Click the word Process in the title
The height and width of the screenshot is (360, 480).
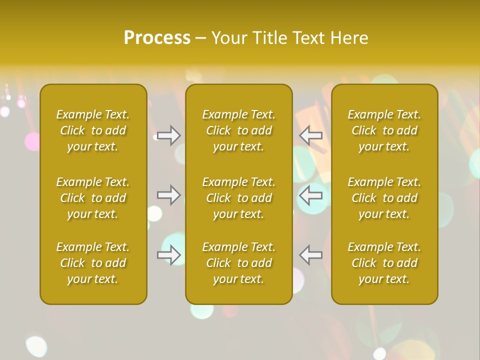pyautogui.click(x=157, y=37)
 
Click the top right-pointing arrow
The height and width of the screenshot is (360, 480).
pyautogui.click(x=169, y=135)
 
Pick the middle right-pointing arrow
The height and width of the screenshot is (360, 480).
pyautogui.click(x=169, y=195)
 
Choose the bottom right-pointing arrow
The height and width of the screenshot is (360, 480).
pyautogui.click(x=169, y=255)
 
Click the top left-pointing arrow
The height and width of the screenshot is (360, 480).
pyautogui.click(x=311, y=135)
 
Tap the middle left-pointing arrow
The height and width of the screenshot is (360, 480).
pyautogui.click(x=311, y=195)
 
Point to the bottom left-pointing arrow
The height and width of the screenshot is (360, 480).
pyautogui.click(x=311, y=255)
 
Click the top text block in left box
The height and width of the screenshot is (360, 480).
pyautogui.click(x=93, y=130)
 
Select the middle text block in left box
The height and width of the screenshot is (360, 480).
pyautogui.click(x=93, y=198)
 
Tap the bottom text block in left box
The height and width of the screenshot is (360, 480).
pyautogui.click(x=93, y=263)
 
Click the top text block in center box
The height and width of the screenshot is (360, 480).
pyautogui.click(x=239, y=130)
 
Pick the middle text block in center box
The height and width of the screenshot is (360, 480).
pyautogui.click(x=239, y=198)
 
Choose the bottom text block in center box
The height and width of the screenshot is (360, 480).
pyautogui.click(x=239, y=263)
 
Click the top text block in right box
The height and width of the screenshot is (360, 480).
pyautogui.click(x=384, y=130)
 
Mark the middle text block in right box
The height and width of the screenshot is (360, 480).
pyautogui.click(x=384, y=198)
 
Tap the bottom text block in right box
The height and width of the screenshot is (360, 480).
pyautogui.click(x=384, y=263)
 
